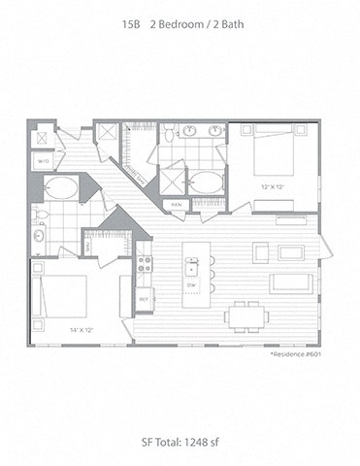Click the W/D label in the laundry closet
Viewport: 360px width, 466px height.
44,159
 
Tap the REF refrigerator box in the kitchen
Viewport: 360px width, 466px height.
145,298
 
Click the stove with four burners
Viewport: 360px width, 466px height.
145,262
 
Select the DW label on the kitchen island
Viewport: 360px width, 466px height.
193,283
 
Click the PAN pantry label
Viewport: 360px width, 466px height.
177,205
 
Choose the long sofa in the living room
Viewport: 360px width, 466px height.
290,283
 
